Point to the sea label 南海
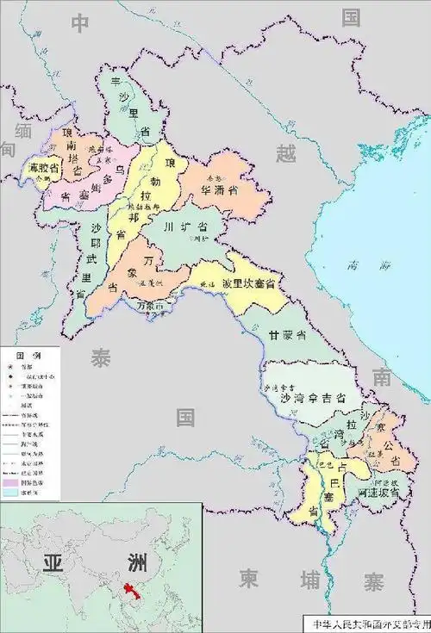coord(350,267)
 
